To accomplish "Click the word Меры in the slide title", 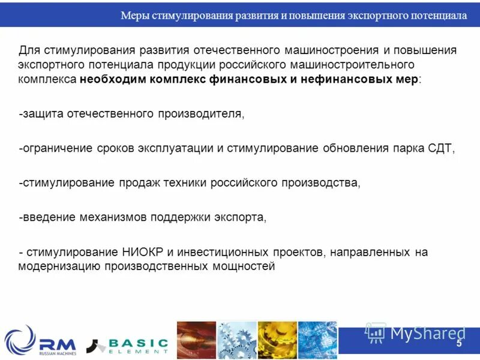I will coord(134,16).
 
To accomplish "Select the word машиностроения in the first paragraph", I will coord(331,50).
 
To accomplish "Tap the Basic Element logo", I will coord(128,345).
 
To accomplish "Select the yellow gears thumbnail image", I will coord(277,340).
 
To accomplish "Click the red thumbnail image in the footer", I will coord(196,340).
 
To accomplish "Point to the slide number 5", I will coord(459,344).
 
